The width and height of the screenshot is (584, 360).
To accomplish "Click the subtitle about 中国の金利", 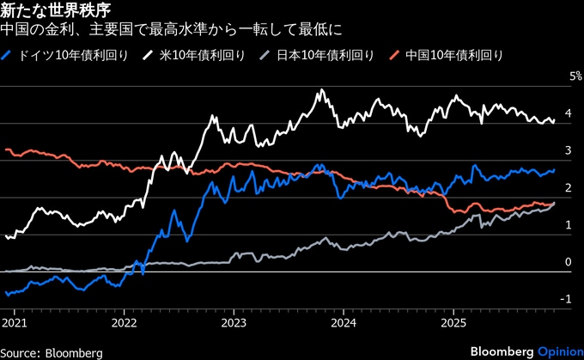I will click(172, 31).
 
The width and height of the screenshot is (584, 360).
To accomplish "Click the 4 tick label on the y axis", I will click(568, 113).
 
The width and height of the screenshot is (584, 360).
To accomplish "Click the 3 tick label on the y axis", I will click(568, 150).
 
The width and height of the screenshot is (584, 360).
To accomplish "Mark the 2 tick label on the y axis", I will click(568, 188).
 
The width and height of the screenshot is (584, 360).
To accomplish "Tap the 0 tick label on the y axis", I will click(568, 262).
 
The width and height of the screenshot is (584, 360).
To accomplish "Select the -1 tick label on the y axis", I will click(567, 299).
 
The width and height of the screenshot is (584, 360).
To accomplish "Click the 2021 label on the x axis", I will click(15, 324).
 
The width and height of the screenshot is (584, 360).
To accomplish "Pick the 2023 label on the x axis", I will click(234, 324).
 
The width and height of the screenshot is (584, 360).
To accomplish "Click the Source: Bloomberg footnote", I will click(52, 351).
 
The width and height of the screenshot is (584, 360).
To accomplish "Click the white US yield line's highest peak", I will click(322, 90).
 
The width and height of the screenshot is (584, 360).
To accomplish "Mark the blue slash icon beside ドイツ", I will click(8, 55).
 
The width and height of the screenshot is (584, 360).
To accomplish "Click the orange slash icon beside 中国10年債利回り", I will click(395, 55).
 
